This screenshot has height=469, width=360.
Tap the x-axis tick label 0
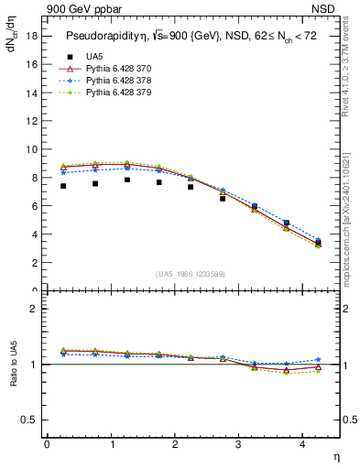(x=47, y=443)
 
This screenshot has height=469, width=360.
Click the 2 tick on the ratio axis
(x=34, y=309)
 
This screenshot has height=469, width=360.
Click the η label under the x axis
(x=335, y=455)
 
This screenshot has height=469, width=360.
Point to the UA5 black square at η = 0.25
(x=63, y=186)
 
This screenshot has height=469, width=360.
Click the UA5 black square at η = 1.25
(x=126, y=180)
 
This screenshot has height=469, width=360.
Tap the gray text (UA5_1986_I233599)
(x=191, y=275)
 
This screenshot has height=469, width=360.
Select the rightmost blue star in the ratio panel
(x=318, y=360)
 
